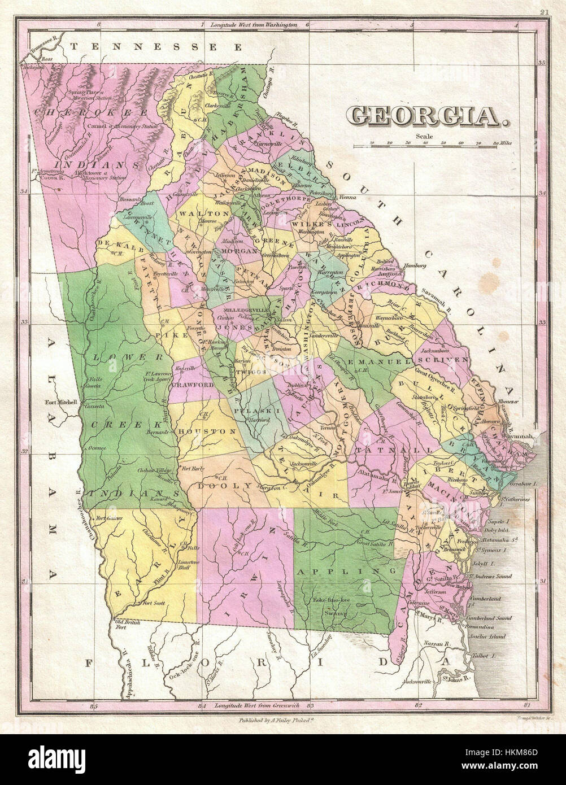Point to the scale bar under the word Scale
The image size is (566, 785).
point(432,146)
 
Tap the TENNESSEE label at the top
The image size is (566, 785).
point(156,47)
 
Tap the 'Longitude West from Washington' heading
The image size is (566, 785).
point(253,25)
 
